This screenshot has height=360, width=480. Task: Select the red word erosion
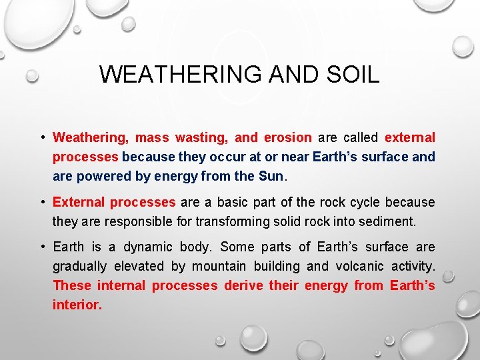click(287, 138)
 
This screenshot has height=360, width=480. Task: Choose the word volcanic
click(361, 266)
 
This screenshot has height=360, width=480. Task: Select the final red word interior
click(77, 305)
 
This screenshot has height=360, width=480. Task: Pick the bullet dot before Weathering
click(41, 138)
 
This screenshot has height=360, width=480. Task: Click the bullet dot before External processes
click(41, 202)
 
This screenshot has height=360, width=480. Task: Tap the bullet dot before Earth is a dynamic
click(41, 247)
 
